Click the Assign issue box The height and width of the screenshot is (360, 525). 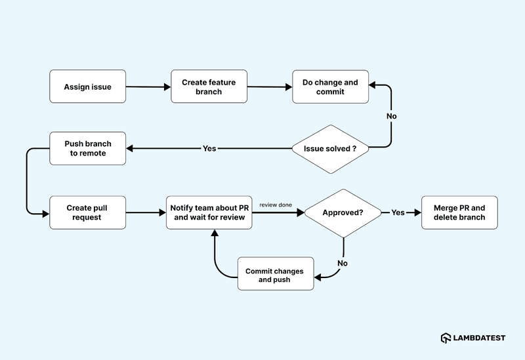pyautogui.click(x=87, y=87)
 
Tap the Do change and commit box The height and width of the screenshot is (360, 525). pyautogui.click(x=330, y=87)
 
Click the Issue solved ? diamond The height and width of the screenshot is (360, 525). pyautogui.click(x=330, y=149)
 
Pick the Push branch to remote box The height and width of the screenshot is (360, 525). pyautogui.click(x=87, y=148)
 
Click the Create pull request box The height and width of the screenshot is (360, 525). pyautogui.click(x=87, y=212)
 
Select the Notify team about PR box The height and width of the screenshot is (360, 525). pyautogui.click(x=209, y=212)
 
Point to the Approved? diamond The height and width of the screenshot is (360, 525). pyautogui.click(x=343, y=212)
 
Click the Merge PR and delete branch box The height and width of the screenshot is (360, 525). pyautogui.click(x=459, y=212)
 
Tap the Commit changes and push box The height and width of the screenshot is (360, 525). pyautogui.click(x=276, y=275)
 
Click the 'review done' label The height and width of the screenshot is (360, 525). pyautogui.click(x=276, y=205)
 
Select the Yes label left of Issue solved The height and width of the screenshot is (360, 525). pyautogui.click(x=209, y=149)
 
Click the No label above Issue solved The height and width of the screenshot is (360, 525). pyautogui.click(x=392, y=116)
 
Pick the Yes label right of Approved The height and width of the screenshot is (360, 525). pyautogui.click(x=398, y=212)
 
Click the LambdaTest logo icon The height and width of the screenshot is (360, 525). pyautogui.click(x=446, y=338)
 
